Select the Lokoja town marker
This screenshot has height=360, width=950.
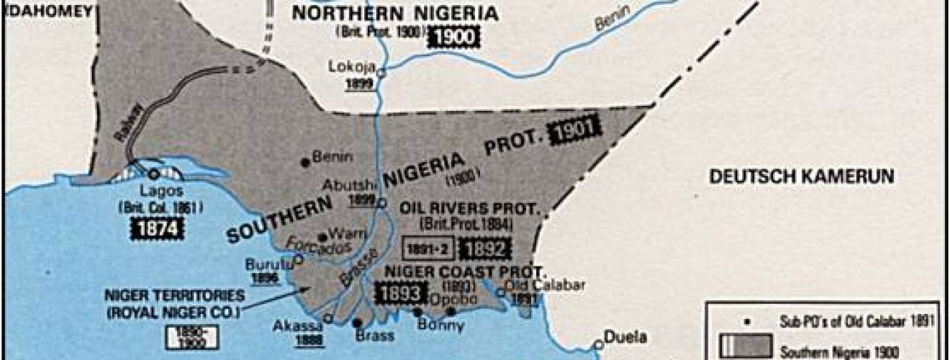(x=382, y=73)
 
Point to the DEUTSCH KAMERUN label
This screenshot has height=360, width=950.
(x=801, y=176)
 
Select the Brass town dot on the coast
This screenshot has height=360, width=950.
(x=358, y=323)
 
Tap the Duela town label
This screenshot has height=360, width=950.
(x=625, y=336)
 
